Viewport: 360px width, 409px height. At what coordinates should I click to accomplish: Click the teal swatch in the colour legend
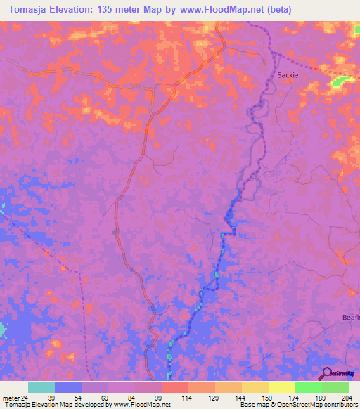tap(41, 387)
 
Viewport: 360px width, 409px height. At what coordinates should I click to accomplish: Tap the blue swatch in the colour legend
tap(68, 387)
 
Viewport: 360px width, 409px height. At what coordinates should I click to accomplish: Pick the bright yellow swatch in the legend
tap(282, 387)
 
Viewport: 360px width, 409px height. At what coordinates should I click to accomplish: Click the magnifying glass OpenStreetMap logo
tap(326, 375)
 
